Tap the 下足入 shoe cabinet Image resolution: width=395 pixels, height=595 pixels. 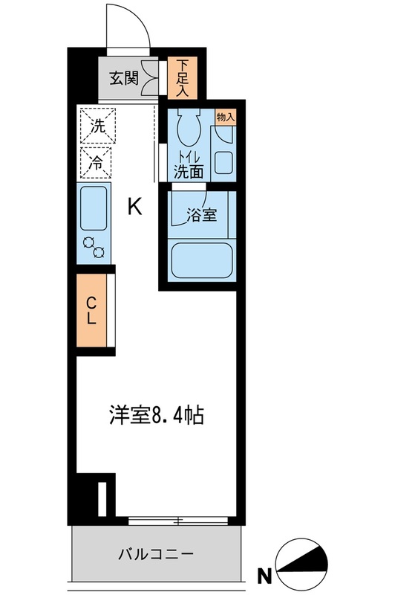[x=182, y=78]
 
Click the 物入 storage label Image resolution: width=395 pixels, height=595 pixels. [x=226, y=117]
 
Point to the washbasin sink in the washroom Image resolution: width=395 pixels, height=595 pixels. [x=223, y=162]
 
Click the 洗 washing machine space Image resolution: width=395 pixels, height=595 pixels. [x=98, y=126]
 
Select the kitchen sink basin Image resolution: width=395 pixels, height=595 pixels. [x=94, y=208]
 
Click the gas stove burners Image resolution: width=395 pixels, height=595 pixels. [x=94, y=247]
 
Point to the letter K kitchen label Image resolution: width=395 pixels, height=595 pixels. [x=135, y=208]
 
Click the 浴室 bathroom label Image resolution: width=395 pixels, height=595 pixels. [x=202, y=215]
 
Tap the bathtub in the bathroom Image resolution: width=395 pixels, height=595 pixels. [x=201, y=260]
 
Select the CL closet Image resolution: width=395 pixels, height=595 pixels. [x=91, y=310]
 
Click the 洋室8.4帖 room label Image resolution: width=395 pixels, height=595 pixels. [x=157, y=415]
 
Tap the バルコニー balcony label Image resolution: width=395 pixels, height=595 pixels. [x=156, y=554]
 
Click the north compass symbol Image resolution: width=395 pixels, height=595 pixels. [x=302, y=565]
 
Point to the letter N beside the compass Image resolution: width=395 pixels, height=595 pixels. [x=265, y=576]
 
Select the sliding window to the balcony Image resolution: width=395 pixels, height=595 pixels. [x=178, y=521]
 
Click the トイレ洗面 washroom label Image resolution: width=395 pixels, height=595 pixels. [x=189, y=166]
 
